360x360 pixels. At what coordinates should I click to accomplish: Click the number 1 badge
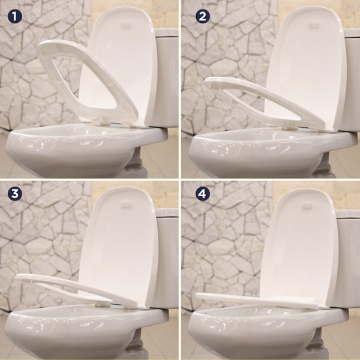click(x=15, y=16)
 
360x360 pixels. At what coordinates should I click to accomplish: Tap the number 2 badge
click(x=203, y=16)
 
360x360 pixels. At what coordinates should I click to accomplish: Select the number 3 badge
click(x=15, y=194)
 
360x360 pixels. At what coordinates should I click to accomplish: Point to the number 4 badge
click(x=203, y=194)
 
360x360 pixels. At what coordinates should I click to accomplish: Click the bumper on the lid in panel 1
click(x=125, y=25)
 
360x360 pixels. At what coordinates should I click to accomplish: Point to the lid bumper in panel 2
click(x=313, y=24)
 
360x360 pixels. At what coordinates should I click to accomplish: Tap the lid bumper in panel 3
click(x=125, y=205)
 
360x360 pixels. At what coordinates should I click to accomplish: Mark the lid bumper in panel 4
click(x=306, y=206)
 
